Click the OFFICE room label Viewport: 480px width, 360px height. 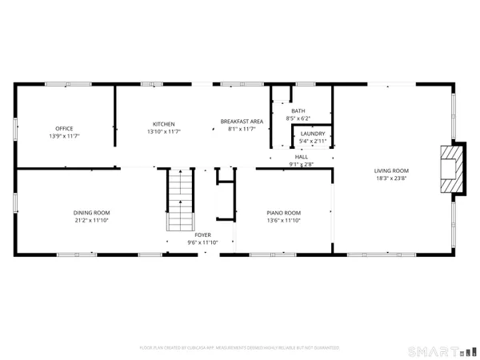click(x=65, y=128)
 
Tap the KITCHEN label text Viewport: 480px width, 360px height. click(x=164, y=123)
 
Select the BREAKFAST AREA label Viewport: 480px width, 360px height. click(x=241, y=122)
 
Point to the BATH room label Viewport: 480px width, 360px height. click(x=298, y=111)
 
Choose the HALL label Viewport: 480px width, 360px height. click(x=301, y=158)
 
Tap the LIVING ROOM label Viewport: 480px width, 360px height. click(x=392, y=170)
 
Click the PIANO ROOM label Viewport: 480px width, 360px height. click(x=283, y=213)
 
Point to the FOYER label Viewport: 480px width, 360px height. click(x=191, y=235)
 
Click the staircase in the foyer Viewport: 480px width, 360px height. click(x=180, y=200)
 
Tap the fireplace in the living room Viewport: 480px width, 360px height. click(x=453, y=169)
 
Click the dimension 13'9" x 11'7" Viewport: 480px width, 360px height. click(x=65, y=136)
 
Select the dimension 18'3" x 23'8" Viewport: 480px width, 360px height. click(x=392, y=178)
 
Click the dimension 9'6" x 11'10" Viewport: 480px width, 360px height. click(x=191, y=242)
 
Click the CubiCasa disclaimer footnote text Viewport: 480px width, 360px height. click(x=240, y=348)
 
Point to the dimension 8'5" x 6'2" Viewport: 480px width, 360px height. click(x=298, y=118)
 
